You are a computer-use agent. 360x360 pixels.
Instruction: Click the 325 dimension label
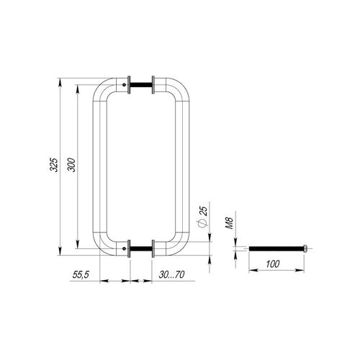tap(54, 165)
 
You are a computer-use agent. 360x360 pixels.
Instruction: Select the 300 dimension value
tap(71, 165)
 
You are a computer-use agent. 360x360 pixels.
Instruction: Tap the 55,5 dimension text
tap(81, 274)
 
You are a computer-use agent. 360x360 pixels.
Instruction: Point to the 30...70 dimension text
tap(171, 274)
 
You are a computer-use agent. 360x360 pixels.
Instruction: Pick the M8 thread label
tap(230, 223)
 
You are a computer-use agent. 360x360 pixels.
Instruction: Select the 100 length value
tap(273, 264)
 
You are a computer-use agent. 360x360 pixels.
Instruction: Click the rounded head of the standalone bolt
tap(305, 248)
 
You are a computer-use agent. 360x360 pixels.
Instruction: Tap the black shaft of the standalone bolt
tap(276, 248)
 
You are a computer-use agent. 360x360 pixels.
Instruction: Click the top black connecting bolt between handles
tap(141, 85)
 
